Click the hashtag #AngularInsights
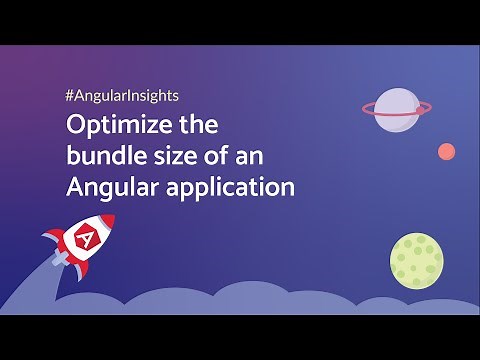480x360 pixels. point(121,99)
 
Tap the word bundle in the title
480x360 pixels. point(101,158)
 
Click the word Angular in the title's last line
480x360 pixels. point(105,188)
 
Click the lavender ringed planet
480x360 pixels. point(399,108)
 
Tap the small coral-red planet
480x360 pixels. point(446,151)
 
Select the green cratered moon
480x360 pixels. point(415,259)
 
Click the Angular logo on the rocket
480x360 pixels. point(85,240)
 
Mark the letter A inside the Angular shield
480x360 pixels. point(85,240)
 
